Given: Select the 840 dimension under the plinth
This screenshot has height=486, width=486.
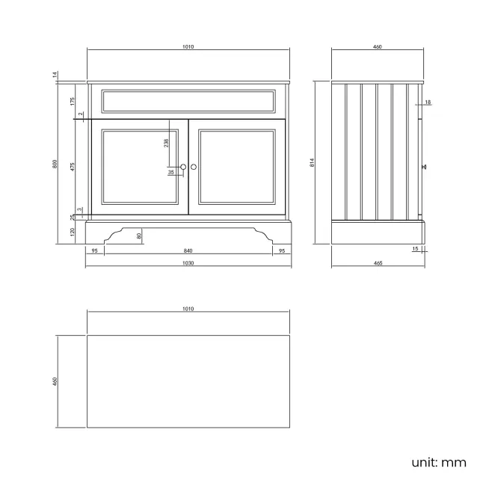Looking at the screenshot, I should click(188, 251).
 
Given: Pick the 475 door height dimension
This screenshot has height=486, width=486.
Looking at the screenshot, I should click(73, 167).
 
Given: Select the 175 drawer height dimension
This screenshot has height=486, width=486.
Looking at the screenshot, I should click(73, 101).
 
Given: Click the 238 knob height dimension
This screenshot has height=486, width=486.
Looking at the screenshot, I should click(167, 141).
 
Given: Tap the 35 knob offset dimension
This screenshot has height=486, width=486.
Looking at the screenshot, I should click(171, 172).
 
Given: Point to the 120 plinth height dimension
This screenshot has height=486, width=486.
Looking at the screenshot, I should click(73, 232).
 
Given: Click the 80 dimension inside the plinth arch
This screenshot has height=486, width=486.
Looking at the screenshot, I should click(140, 236).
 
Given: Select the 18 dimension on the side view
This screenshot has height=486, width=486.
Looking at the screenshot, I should click(427, 102).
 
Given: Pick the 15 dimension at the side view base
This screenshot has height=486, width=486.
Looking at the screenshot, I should click(416, 249).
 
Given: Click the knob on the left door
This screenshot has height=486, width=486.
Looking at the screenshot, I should click(183, 167).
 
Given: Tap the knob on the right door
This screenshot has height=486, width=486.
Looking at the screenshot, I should click(194, 167).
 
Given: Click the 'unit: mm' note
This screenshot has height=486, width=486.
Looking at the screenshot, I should click(439, 462).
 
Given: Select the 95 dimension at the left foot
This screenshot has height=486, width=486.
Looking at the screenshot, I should click(95, 251).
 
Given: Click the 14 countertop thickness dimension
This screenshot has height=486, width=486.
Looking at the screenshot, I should click(55, 74).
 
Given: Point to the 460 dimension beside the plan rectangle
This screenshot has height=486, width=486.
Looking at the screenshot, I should click(55, 381).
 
